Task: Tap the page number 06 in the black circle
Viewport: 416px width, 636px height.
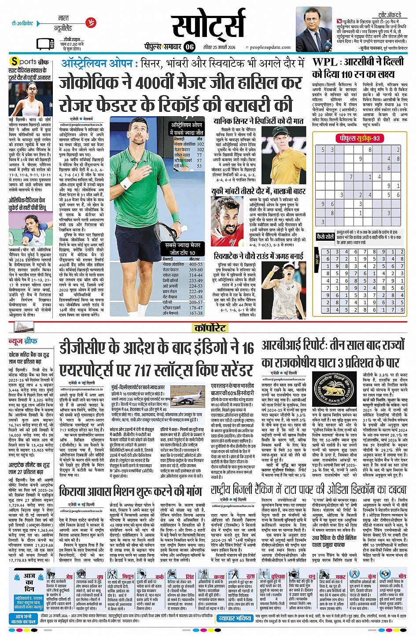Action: pyautogui.click(x=189, y=47)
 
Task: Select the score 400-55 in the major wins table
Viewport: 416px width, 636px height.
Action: pyautogui.click(x=196, y=265)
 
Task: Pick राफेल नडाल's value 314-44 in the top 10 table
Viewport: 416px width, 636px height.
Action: pyautogui.click(x=196, y=275)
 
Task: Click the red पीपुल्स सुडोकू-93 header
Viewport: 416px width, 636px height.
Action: pyautogui.click(x=359, y=138)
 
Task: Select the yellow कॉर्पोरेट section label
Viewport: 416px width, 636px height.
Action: pyautogui.click(x=210, y=327)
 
